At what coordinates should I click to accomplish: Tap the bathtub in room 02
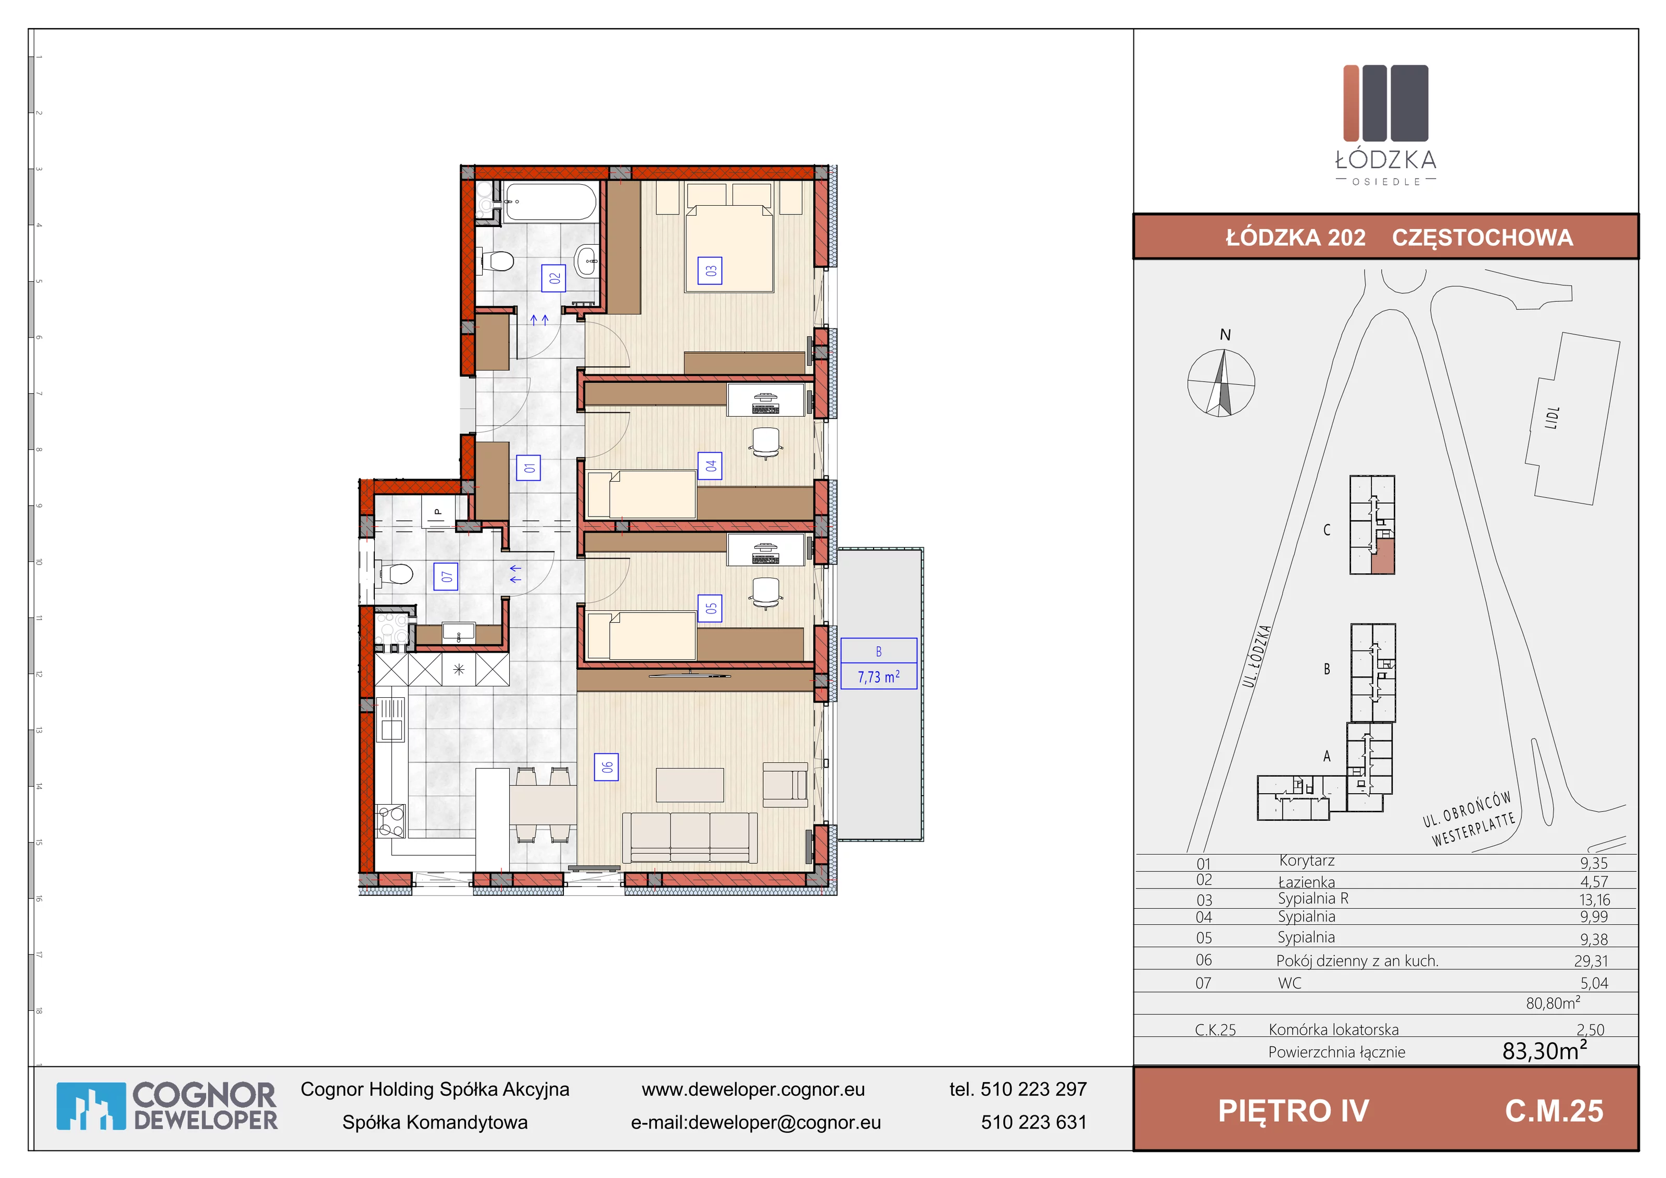551,201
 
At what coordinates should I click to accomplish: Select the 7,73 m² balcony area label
879,676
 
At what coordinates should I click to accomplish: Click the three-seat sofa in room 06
690,837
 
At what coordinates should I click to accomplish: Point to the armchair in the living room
786,784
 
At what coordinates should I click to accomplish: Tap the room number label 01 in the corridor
529,468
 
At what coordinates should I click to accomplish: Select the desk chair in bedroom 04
766,443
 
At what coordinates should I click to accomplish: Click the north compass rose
1221,382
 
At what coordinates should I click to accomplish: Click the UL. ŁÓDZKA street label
1257,656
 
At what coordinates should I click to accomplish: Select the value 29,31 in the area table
1591,961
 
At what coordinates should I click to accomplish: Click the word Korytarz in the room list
1307,861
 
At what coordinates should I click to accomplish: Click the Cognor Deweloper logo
167,1106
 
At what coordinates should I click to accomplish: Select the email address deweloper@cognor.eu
785,1122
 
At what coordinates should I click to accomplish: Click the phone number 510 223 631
1034,1122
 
